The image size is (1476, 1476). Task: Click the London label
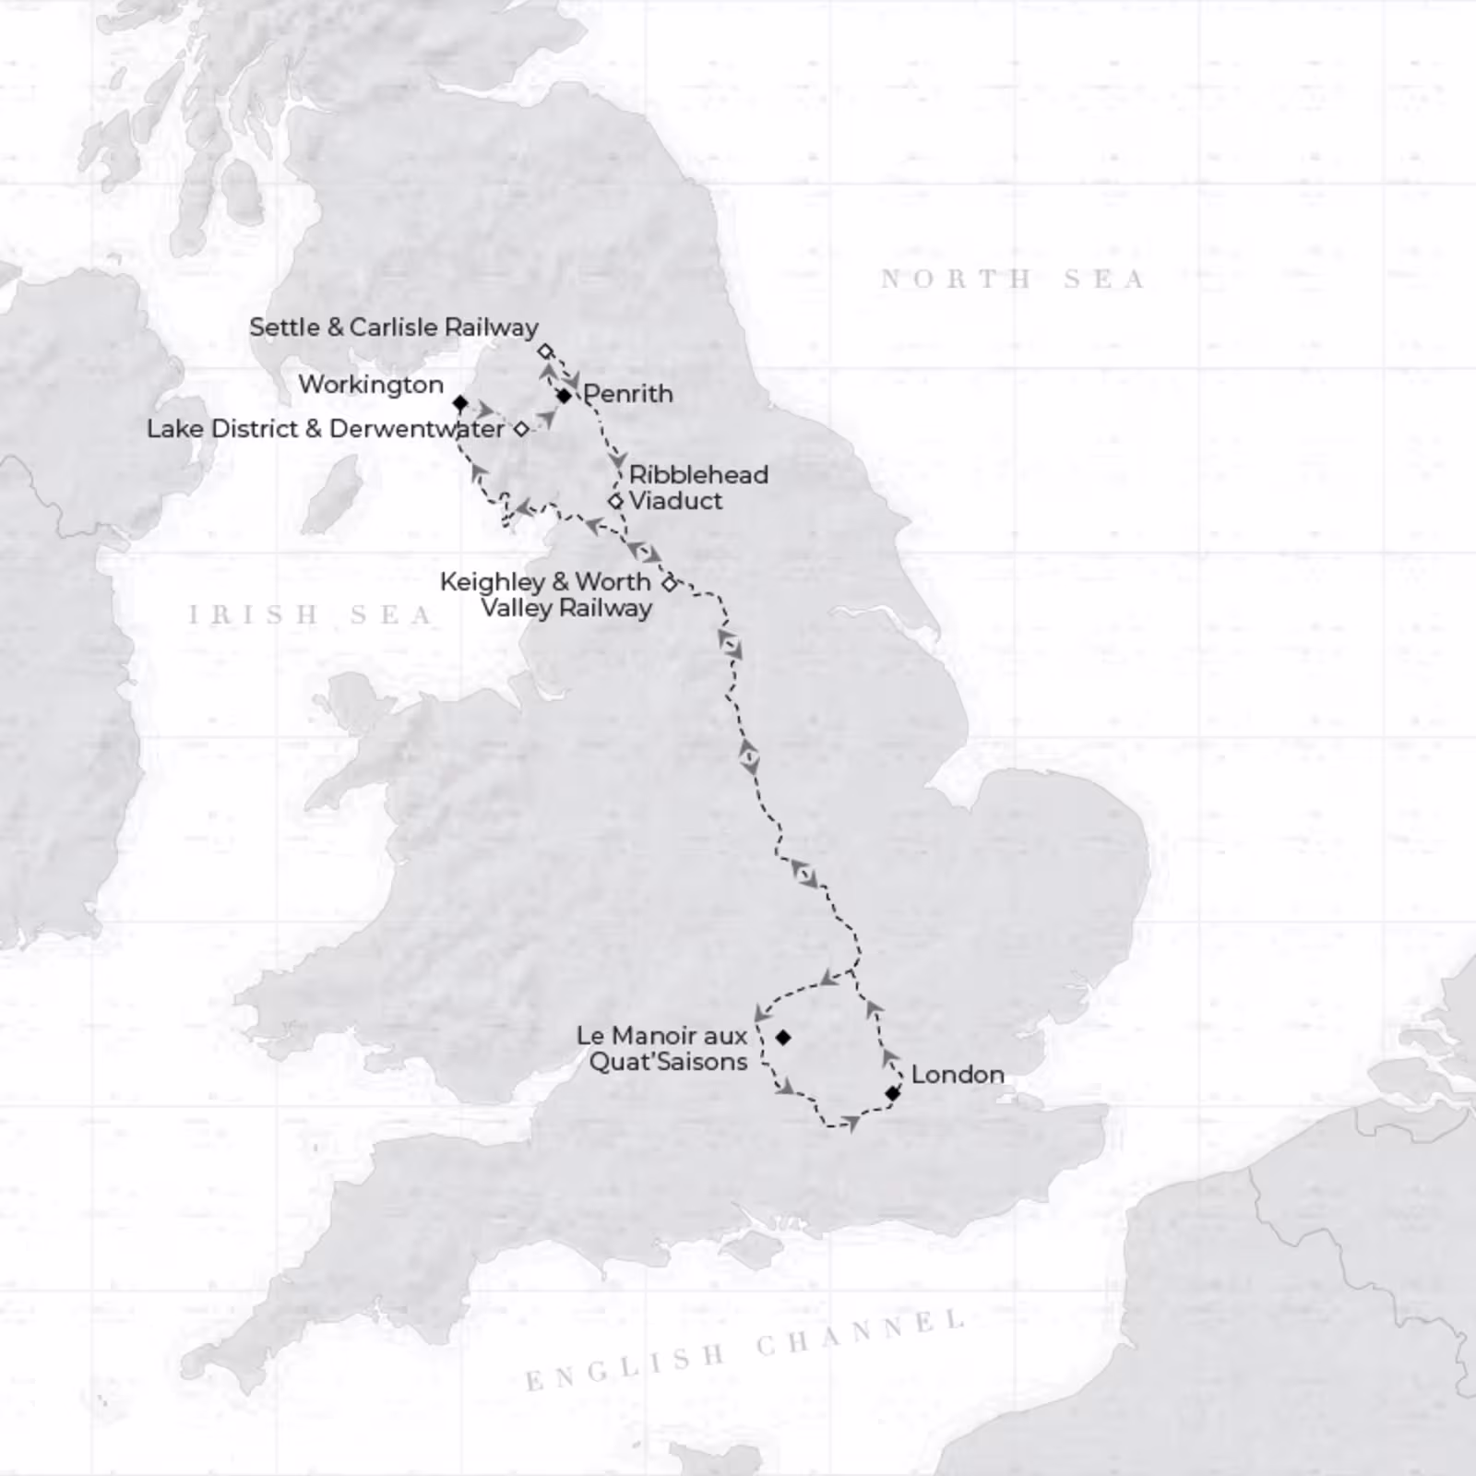click(x=957, y=1075)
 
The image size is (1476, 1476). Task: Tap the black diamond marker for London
click(x=892, y=1093)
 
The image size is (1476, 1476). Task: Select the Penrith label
click(x=628, y=394)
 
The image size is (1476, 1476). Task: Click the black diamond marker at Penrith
click(x=564, y=396)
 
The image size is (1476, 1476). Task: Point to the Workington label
click(x=371, y=385)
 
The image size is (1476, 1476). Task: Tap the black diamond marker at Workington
click(x=459, y=403)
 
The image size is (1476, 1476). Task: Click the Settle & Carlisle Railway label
click(x=394, y=327)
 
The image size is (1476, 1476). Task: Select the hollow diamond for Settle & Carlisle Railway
click(x=544, y=351)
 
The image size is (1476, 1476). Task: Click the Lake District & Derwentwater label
click(x=326, y=429)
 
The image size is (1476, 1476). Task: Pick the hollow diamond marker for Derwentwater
click(x=521, y=429)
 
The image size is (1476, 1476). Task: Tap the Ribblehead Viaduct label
click(x=697, y=488)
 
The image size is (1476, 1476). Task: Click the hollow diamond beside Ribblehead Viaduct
click(x=615, y=502)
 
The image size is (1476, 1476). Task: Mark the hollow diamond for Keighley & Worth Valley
click(x=670, y=582)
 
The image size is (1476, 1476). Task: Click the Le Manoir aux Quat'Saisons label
click(x=662, y=1049)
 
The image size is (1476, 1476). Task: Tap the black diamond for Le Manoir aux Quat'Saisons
click(x=783, y=1037)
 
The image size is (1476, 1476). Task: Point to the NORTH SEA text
click(x=1012, y=279)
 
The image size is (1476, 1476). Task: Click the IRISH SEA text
click(x=310, y=614)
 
